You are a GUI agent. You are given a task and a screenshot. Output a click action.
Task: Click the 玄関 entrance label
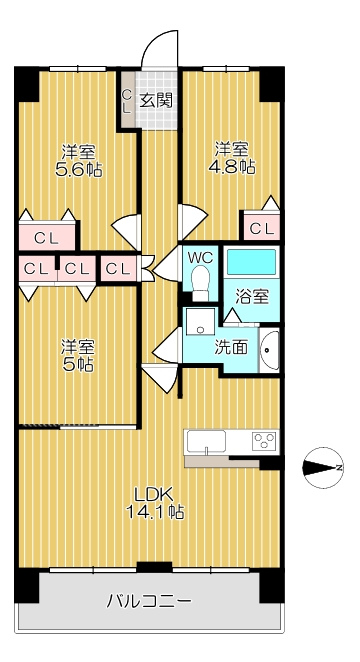pyautogui.click(x=156, y=100)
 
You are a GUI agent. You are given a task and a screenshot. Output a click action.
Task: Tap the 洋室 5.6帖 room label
pyautogui.click(x=78, y=160)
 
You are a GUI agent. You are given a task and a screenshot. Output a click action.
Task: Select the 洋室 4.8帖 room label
pyautogui.click(x=232, y=158)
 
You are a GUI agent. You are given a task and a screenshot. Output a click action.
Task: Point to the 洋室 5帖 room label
pyautogui.click(x=78, y=355)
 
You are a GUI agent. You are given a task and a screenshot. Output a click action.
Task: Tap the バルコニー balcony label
pyautogui.click(x=149, y=600)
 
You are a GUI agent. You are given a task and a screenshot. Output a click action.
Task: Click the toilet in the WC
pyautogui.click(x=200, y=283)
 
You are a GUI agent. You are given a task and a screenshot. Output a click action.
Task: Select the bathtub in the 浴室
pyautogui.click(x=252, y=262)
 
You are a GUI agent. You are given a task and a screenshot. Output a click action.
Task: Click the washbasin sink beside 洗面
pyautogui.click(x=269, y=350)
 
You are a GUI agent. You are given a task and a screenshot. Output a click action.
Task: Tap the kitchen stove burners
pyautogui.click(x=264, y=441)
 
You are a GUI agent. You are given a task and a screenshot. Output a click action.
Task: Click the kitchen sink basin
pyautogui.click(x=206, y=442)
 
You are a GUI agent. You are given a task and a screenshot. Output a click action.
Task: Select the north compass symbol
pyautogui.click(x=323, y=468)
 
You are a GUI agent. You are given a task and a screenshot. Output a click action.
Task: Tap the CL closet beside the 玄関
pyautogui.click(x=127, y=100)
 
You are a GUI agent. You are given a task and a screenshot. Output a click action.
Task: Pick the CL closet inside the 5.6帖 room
pyautogui.click(x=46, y=238)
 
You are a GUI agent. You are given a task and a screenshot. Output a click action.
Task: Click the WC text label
pyautogui.click(x=200, y=256)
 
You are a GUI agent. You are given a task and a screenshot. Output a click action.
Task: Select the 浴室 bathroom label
pyautogui.click(x=252, y=298)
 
